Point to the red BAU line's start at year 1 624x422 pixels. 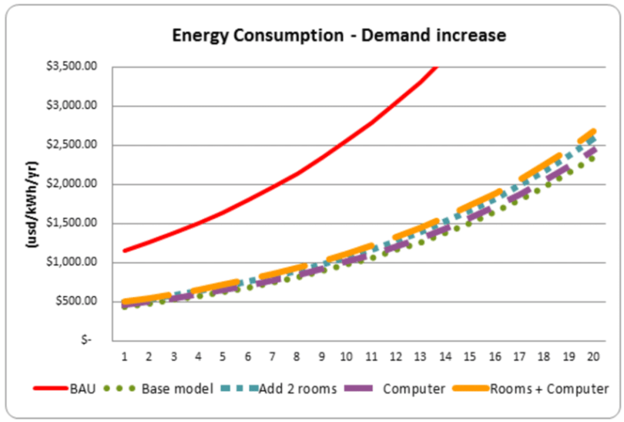pos(125,250)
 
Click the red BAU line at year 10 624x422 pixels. pos(347,140)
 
